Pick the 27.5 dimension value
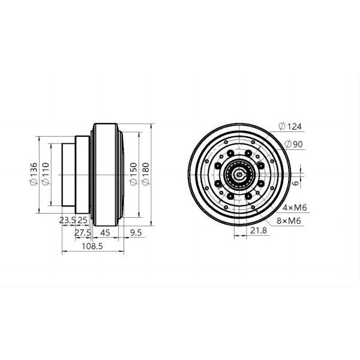coord(82,232)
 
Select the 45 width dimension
coord(104,232)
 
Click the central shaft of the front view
coord(240,175)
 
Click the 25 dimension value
coord(83,220)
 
